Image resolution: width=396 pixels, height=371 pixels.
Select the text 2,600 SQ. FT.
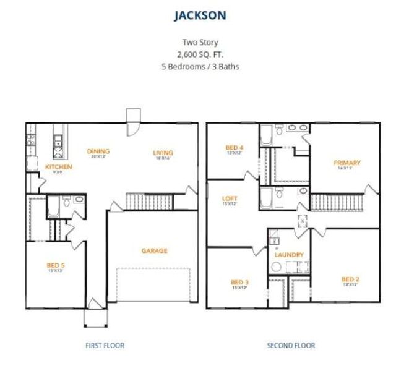198,54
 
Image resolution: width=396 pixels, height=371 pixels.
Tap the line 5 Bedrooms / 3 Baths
198,66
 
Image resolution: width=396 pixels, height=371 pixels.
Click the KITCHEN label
59,167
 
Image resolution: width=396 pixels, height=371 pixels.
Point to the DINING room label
98,151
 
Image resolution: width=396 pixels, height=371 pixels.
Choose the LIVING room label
163,153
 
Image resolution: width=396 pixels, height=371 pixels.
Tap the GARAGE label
154,250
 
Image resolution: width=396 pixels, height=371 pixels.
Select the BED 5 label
56,265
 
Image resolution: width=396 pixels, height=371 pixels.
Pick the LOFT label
230,198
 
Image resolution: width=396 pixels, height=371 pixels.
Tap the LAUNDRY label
288,255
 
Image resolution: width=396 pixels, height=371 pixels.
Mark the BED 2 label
350,279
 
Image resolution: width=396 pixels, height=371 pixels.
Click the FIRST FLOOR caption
105,345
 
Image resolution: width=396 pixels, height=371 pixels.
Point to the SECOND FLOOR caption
291,345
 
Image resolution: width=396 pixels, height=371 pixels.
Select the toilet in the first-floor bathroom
79,200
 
